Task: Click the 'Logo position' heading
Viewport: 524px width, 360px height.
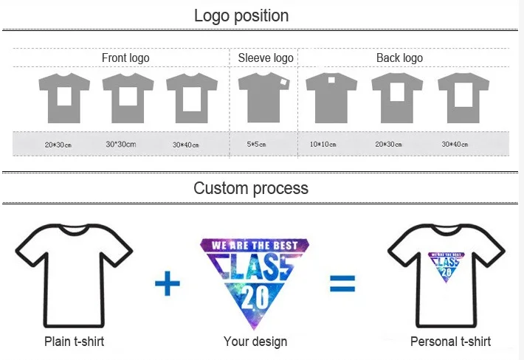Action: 241,15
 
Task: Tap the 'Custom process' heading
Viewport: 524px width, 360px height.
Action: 251,188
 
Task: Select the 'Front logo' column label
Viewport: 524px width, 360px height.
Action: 125,58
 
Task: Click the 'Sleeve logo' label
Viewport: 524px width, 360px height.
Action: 266,58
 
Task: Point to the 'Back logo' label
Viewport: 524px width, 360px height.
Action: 399,58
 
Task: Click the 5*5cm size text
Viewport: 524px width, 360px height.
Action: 258,145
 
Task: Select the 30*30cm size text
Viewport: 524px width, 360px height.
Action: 121,145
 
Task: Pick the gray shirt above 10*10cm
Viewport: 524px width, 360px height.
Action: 331,97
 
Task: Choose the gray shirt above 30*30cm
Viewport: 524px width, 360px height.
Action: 128,98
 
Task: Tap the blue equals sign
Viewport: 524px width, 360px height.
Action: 342,283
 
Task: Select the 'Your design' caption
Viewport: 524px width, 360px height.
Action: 255,342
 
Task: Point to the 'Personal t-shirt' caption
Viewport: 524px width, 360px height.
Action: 450,342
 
